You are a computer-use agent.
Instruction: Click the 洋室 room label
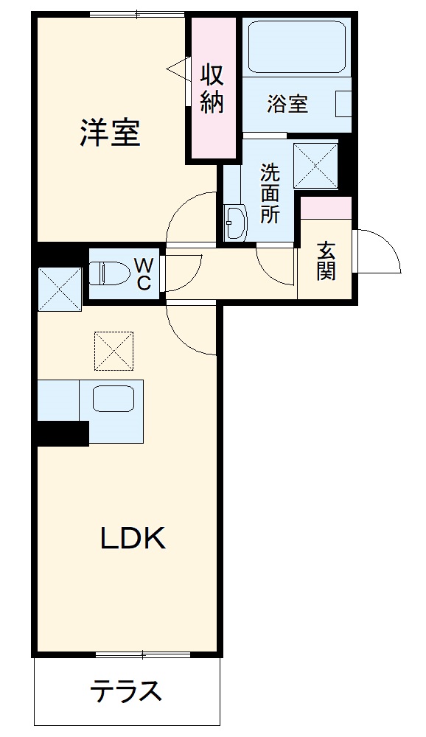(x=110, y=132)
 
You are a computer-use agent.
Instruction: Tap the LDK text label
(x=133, y=539)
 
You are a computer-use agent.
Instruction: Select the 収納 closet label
(x=212, y=88)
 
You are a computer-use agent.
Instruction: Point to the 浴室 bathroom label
(x=287, y=104)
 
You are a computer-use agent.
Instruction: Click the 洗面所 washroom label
(x=270, y=193)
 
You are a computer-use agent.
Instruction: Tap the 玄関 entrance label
(x=326, y=261)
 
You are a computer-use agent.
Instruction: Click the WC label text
(x=144, y=273)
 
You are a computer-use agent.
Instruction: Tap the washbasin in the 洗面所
(x=236, y=223)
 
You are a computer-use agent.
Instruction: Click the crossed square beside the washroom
(x=315, y=164)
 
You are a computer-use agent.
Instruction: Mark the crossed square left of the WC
(x=59, y=288)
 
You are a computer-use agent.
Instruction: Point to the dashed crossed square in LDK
(x=114, y=350)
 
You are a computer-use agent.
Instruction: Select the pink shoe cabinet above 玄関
(x=326, y=208)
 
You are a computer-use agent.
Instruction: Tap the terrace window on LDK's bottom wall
(x=144, y=654)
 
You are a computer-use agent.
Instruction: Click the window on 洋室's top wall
(x=136, y=14)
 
